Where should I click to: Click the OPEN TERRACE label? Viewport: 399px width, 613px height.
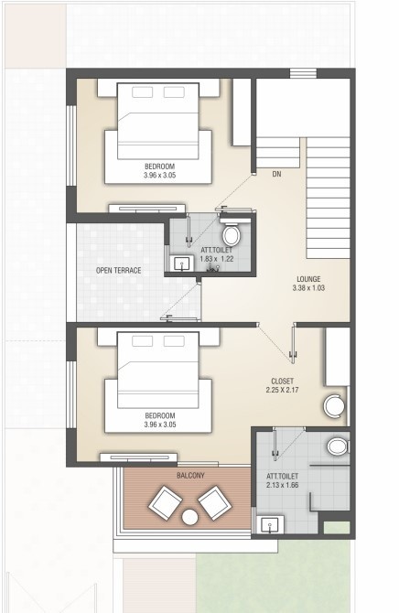(x=119, y=271)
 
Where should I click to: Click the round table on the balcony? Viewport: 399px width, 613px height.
(x=190, y=517)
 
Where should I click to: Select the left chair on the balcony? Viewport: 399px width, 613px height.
(x=167, y=502)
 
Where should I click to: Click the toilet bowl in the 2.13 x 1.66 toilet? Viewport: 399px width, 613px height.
(x=336, y=446)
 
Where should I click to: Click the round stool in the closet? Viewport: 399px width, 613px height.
(x=333, y=407)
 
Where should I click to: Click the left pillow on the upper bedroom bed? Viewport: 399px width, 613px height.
(x=141, y=92)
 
